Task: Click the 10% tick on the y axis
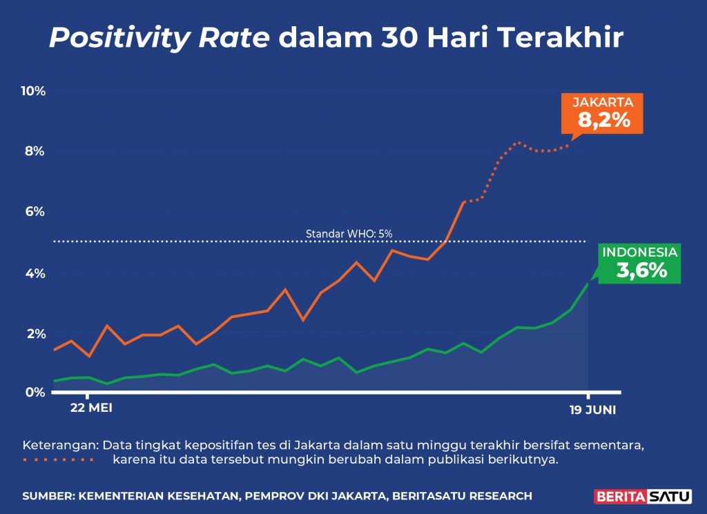[x=32, y=91]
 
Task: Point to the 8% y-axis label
[x=35, y=151]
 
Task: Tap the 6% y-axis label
[x=35, y=212]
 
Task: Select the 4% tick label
[x=35, y=273]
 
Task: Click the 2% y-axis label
[x=35, y=334]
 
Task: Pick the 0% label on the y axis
[x=35, y=392]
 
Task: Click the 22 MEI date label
[x=91, y=408]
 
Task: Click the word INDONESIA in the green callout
[x=640, y=253]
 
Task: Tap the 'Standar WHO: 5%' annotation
[x=349, y=234]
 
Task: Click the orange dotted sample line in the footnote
[x=58, y=459]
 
